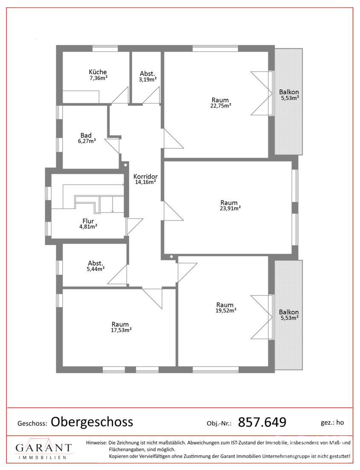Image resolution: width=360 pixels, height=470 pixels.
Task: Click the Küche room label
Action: [98, 72]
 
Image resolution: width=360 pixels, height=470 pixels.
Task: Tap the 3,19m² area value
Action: [148, 79]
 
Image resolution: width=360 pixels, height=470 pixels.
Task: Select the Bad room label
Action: [86, 135]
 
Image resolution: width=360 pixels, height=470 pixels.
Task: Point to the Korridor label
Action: [145, 176]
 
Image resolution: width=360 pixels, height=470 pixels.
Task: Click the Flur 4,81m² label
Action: [88, 223]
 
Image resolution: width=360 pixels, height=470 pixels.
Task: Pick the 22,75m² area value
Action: [221, 106]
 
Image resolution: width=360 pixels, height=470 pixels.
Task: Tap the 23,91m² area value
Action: [230, 209]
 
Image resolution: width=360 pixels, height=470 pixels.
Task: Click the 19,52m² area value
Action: [226, 311]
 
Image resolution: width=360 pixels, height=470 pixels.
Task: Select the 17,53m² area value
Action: [121, 330]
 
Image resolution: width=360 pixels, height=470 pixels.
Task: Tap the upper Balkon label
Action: [289, 92]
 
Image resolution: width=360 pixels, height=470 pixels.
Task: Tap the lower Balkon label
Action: [289, 312]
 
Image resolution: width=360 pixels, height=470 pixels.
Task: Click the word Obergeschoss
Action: [92, 422]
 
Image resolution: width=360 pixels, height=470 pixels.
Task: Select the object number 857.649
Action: [262, 422]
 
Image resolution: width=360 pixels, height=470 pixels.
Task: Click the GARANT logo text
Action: [44, 448]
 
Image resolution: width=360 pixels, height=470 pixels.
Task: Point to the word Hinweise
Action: [96, 442]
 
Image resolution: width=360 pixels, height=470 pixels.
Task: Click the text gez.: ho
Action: [332, 423]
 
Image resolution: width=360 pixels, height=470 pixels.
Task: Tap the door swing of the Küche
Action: [120, 95]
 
